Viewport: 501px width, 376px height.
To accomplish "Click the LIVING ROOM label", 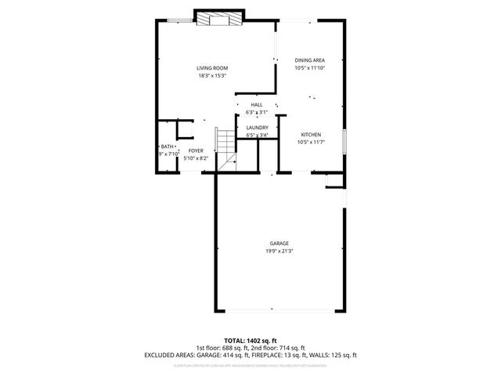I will (x=211, y=68).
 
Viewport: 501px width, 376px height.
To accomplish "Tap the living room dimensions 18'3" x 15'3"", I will (x=211, y=76).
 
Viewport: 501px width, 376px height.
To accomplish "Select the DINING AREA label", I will (x=309, y=60).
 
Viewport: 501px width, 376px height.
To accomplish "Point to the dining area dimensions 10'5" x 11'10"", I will (x=309, y=68).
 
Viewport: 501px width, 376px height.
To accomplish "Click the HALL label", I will (x=257, y=104).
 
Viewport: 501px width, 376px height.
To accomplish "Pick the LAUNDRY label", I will (x=258, y=128).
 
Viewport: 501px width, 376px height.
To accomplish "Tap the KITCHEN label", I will (x=311, y=135).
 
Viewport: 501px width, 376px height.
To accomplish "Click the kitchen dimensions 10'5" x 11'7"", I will (x=310, y=143).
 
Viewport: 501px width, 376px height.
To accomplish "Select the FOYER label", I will (x=196, y=150).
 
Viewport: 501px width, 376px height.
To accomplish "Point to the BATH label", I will (x=168, y=146).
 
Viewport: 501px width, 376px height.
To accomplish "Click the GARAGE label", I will (x=280, y=243).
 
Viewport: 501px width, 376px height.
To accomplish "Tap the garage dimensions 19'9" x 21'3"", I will (x=280, y=251).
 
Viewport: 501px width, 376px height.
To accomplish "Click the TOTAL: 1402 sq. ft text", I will (x=250, y=341).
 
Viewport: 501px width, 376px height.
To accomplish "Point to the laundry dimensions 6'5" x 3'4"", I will (x=258, y=136).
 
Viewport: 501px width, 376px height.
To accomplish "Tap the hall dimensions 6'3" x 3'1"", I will (x=257, y=112).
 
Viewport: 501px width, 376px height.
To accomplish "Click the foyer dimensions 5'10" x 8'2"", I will (x=196, y=158).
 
